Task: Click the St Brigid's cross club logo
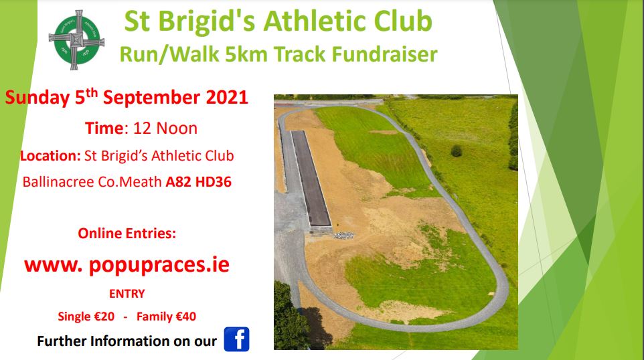coord(76,40)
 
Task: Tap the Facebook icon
coord(236,339)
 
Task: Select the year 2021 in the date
coord(227,98)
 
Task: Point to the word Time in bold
coord(104,128)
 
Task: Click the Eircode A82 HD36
coord(198,182)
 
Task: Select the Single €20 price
coord(86,317)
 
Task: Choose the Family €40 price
coord(166,317)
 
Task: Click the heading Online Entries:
coord(127,233)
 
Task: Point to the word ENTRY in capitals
coord(127,294)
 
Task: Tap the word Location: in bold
coord(50,155)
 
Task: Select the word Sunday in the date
coord(37,98)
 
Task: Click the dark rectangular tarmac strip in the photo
coord(311,178)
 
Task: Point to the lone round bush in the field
coord(457,151)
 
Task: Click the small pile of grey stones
coord(344,236)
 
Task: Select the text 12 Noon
coord(165,128)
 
